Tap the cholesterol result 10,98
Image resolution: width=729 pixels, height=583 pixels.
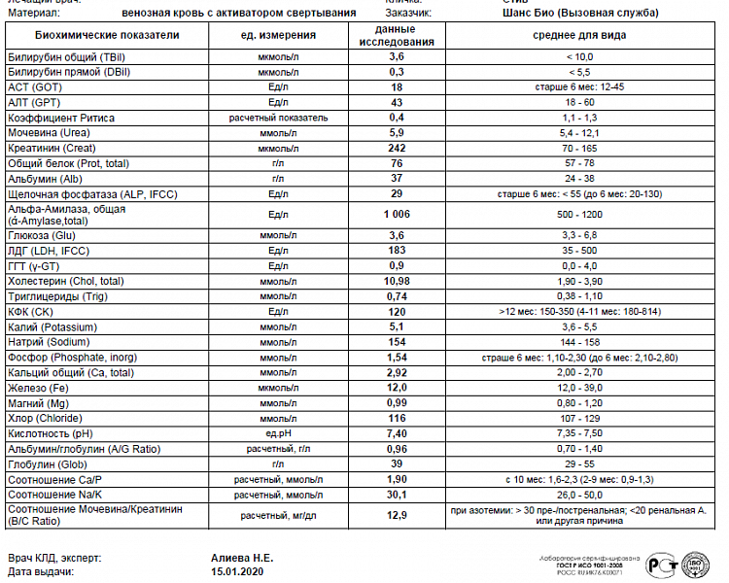(x=397, y=281)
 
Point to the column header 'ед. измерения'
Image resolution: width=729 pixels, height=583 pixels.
(x=278, y=36)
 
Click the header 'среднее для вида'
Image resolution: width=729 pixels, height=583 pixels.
(x=579, y=36)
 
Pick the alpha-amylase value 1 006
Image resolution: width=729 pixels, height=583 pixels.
(x=397, y=214)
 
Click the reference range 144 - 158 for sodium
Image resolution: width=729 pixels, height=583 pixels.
(x=579, y=343)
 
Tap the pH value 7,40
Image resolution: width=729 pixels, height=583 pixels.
(x=397, y=433)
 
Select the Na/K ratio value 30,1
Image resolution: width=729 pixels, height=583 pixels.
(x=397, y=494)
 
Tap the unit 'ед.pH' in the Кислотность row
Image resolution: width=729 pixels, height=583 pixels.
(x=278, y=433)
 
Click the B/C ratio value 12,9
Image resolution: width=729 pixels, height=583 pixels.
(x=397, y=514)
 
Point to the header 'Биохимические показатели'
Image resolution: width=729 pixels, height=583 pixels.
(x=107, y=36)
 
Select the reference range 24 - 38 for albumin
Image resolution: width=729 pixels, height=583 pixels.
(x=579, y=178)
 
